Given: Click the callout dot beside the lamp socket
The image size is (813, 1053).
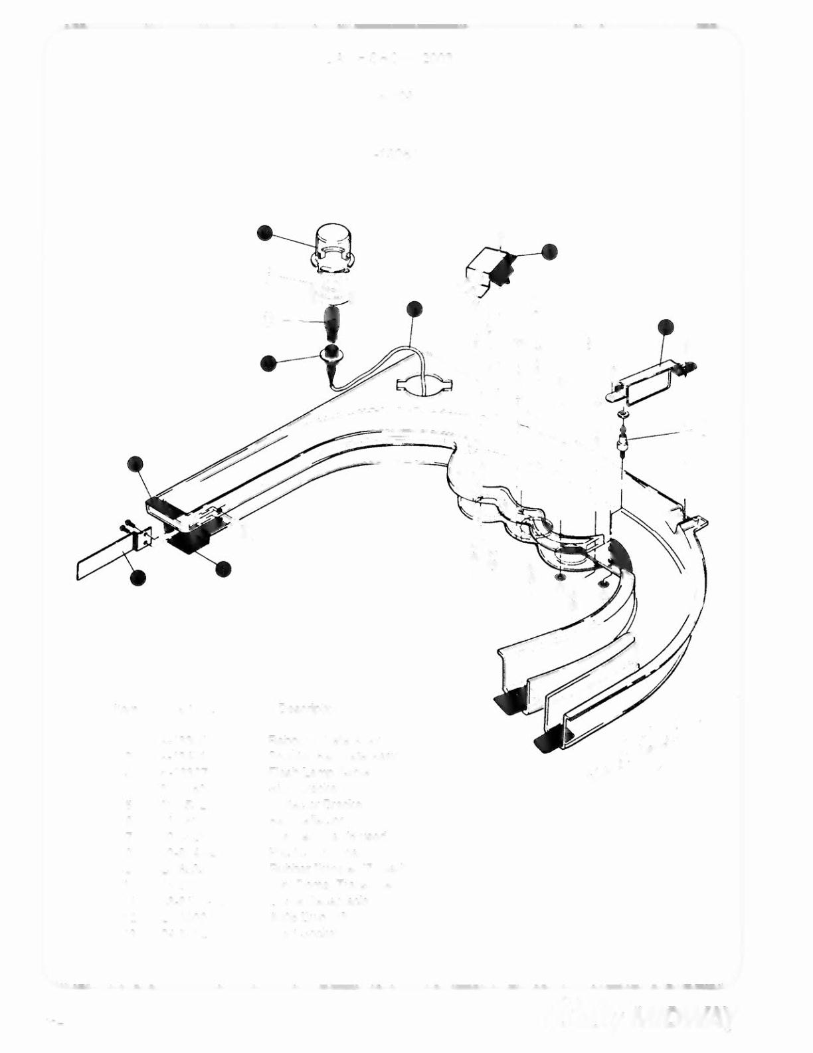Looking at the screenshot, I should (268, 363).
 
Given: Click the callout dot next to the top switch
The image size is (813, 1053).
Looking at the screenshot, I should (549, 251).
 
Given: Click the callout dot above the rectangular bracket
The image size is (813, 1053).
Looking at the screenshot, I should (666, 326).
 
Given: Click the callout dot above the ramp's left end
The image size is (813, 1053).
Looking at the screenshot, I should (135, 463).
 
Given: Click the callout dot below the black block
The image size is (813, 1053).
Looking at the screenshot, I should (223, 568).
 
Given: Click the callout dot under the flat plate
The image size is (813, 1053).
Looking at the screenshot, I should (138, 578).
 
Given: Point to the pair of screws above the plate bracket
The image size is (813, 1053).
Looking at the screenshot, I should (126, 527).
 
